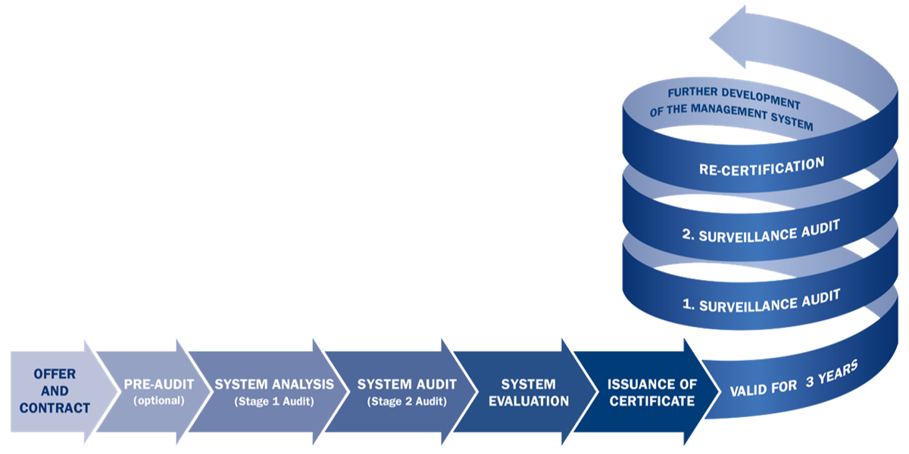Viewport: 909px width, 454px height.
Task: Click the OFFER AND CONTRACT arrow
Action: point(53,391)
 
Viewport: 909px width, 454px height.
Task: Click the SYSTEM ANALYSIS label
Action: point(274,384)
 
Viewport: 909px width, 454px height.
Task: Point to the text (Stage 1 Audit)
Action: point(274,401)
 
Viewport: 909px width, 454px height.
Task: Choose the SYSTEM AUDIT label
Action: point(407,384)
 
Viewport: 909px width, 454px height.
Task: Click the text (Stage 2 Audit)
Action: point(407,401)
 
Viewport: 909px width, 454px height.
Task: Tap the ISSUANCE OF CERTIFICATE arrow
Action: point(650,392)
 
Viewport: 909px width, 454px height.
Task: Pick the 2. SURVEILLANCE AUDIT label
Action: point(761,231)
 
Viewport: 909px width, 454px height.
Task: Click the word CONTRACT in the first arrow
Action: point(55,408)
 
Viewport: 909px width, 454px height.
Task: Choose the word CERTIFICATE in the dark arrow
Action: point(651,401)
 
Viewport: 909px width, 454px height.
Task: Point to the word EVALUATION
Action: point(528,401)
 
